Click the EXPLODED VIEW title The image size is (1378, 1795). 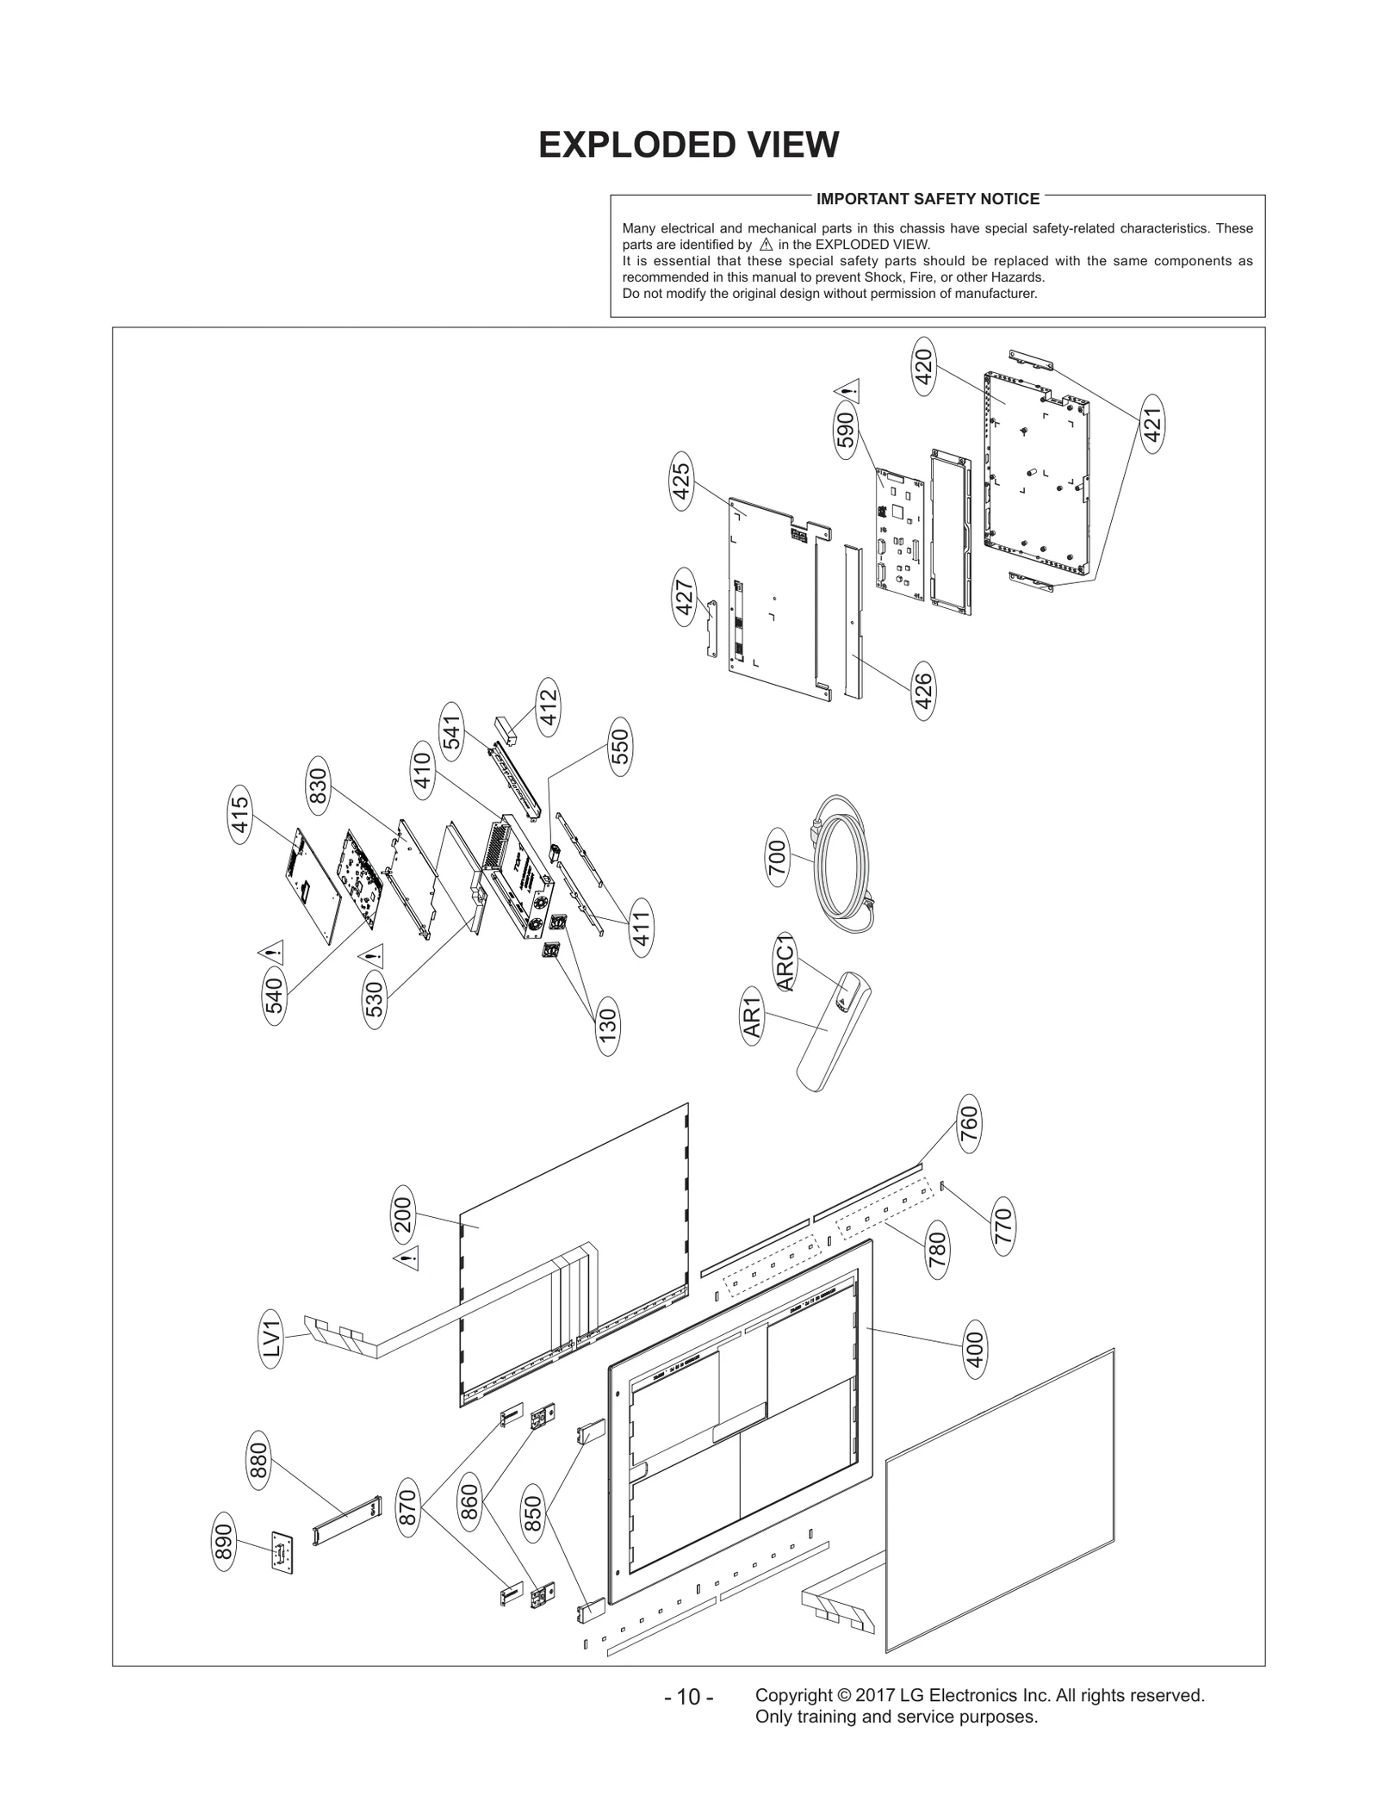pos(688,146)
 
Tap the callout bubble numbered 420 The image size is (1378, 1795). pos(923,368)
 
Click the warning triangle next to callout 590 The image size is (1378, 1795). pos(850,389)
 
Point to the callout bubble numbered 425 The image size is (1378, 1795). pos(681,482)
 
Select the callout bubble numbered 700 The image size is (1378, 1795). pos(777,856)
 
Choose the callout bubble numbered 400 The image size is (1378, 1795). pos(975,1350)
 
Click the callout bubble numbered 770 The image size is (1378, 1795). pos(1002,1227)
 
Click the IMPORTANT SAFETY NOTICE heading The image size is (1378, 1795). pos(928,199)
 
